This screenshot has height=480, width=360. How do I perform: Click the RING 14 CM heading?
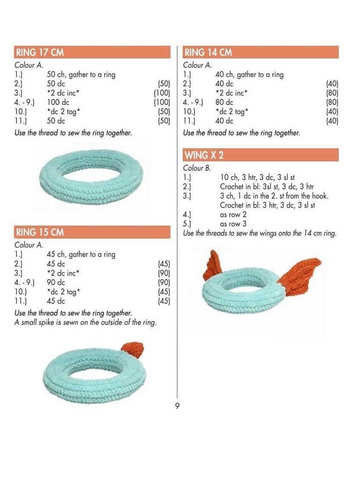tap(208, 53)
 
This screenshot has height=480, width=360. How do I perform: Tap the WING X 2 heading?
tap(204, 155)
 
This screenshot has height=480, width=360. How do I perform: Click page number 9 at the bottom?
tap(177, 406)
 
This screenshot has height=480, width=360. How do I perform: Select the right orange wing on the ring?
tap(300, 272)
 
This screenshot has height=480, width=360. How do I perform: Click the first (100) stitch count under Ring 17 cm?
tap(162, 93)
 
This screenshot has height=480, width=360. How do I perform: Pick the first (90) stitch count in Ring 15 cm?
tap(164, 273)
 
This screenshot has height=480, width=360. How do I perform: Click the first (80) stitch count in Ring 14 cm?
tap(332, 93)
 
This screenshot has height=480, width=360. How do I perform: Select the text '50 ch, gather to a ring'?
tap(81, 75)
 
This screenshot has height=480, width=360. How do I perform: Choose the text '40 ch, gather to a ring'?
tap(249, 75)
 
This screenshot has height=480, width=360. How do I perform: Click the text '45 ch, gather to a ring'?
tap(81, 255)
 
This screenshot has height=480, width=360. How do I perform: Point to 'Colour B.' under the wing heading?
tap(197, 168)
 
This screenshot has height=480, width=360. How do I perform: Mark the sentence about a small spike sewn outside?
tap(85, 322)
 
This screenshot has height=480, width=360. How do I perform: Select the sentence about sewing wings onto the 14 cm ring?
tap(259, 233)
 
